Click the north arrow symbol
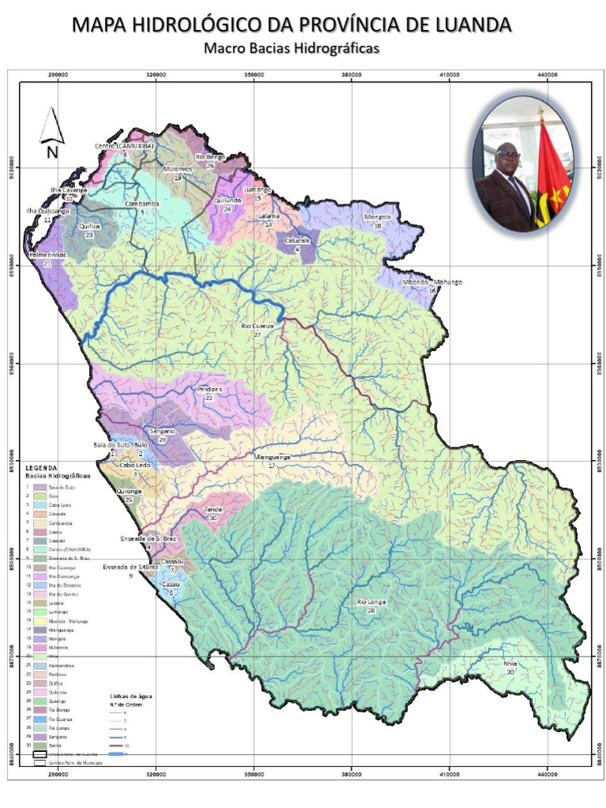pos(52,133)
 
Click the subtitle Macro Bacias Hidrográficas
pos(292,48)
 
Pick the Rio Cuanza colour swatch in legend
pos(39,720)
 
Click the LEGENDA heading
pos(43,469)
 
